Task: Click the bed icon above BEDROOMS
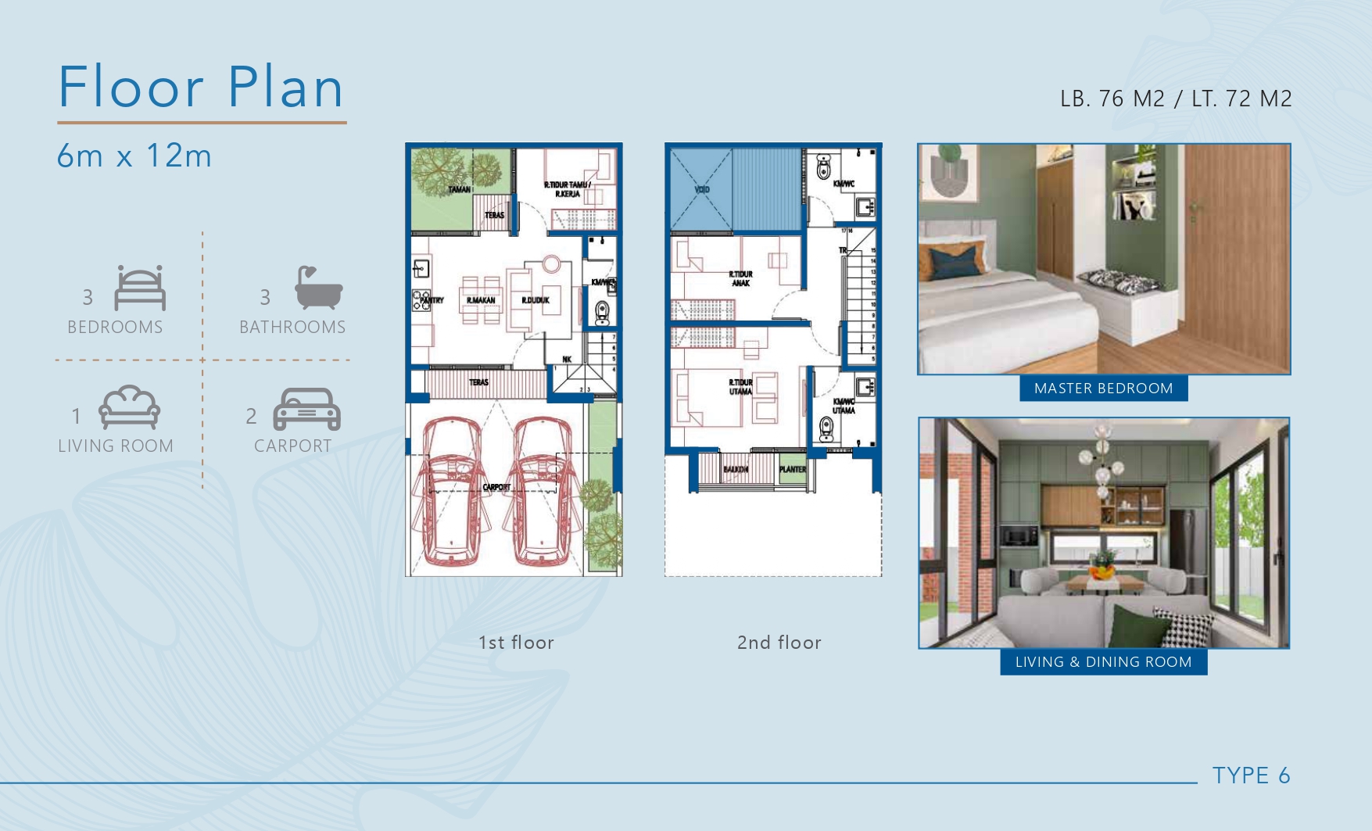click(x=140, y=288)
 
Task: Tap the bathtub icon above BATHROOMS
click(x=318, y=288)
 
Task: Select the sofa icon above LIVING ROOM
click(x=129, y=407)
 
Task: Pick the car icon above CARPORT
click(x=306, y=409)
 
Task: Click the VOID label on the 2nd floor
click(x=702, y=189)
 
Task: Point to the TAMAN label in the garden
click(x=459, y=189)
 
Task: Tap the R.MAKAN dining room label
click(x=481, y=300)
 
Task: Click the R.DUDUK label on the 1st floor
click(x=536, y=300)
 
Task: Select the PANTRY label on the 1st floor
click(x=432, y=300)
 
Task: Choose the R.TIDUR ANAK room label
click(x=740, y=278)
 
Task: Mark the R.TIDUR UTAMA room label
click(x=740, y=387)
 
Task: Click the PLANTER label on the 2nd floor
click(x=792, y=469)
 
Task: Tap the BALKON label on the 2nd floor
click(x=735, y=469)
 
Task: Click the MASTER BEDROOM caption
click(x=1103, y=389)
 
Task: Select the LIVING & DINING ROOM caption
click(x=1103, y=662)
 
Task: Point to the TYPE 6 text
click(x=1251, y=775)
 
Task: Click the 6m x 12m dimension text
click(x=134, y=156)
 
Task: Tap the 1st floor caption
click(x=516, y=643)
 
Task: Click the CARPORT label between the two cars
click(x=496, y=487)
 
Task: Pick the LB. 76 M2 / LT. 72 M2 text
click(x=1176, y=99)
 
